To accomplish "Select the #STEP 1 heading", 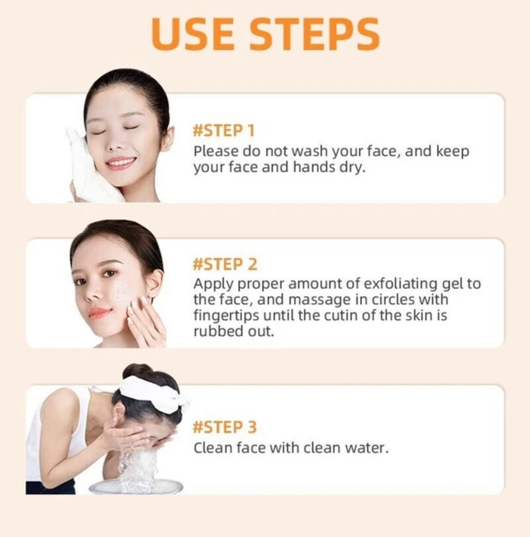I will point(224,131).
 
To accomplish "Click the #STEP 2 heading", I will point(225,264).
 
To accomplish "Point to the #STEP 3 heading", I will point(225,427).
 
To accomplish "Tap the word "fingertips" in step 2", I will point(226,316).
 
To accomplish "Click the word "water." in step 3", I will point(367,447).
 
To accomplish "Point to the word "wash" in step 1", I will point(310,151).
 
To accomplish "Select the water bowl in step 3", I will point(136,485).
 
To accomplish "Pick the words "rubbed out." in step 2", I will point(233,331).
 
